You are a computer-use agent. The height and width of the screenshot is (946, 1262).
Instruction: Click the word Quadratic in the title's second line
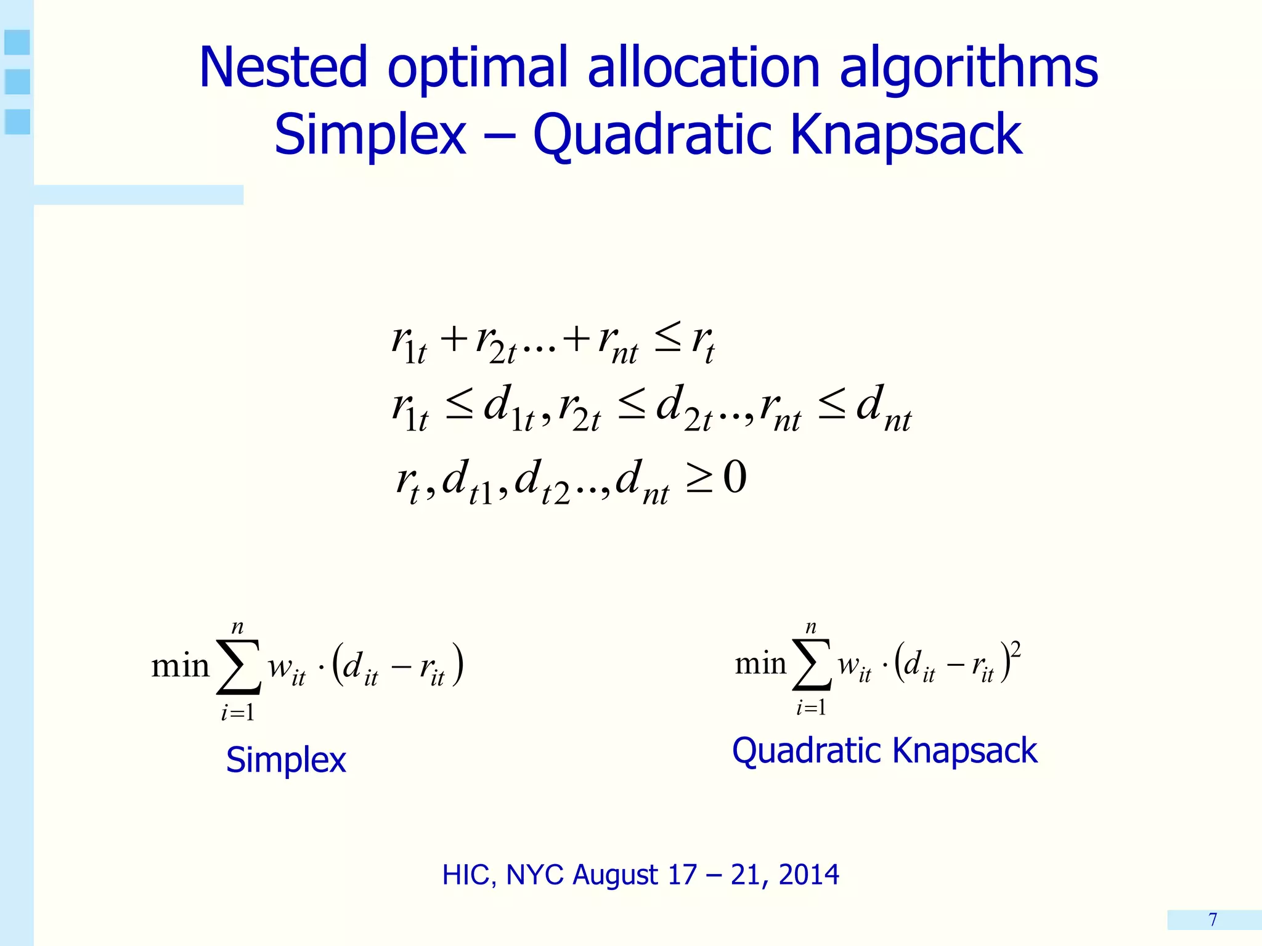(x=651, y=135)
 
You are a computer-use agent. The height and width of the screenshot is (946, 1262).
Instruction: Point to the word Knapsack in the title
(x=906, y=135)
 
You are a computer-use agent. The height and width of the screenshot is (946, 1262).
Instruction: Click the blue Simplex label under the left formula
(x=286, y=759)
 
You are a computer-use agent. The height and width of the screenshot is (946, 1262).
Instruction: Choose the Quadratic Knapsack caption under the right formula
(x=884, y=751)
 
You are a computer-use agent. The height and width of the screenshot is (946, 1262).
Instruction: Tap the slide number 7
(x=1213, y=920)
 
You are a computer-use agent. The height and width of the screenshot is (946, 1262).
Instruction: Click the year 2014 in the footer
(x=808, y=875)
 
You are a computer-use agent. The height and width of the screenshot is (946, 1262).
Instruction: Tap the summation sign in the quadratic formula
(x=812, y=665)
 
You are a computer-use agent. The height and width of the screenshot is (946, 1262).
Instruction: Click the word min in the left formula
(x=180, y=666)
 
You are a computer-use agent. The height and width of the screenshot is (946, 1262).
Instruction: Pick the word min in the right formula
(x=760, y=664)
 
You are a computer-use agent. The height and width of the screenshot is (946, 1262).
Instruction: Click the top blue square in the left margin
(x=17, y=42)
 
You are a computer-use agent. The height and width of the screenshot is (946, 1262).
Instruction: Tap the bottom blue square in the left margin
(x=17, y=121)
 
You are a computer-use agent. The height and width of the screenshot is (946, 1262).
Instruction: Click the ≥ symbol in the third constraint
(x=699, y=480)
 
